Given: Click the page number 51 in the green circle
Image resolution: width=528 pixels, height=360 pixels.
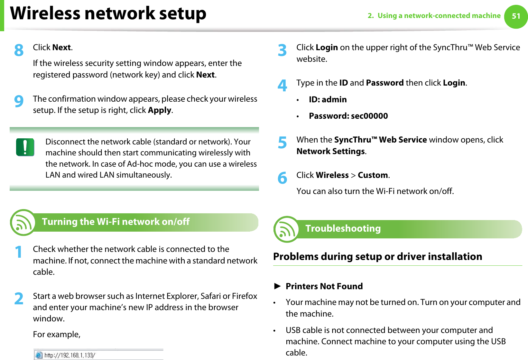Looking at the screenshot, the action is pos(516,16).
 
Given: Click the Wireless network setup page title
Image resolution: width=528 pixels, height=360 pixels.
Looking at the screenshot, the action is pos(108,14).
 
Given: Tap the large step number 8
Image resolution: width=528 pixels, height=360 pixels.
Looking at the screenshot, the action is pos(19,51).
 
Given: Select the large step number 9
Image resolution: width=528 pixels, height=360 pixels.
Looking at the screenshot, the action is pos(19,102).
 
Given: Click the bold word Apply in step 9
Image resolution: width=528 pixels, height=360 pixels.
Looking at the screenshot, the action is pos(160,110).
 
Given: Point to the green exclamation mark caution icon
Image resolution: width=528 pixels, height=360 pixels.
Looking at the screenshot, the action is pos(25,147).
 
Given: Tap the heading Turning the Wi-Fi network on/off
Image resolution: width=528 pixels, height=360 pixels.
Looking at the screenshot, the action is pos(116,222).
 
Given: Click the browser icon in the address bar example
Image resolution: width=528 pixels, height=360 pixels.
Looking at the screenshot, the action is pos(39,355).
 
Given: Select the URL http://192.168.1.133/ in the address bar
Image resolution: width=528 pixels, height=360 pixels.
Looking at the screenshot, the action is pos(70,355).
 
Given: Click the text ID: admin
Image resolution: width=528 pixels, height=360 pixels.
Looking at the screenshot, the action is pos(328,100).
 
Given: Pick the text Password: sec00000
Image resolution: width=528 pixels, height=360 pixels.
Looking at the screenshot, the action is pos(348,116).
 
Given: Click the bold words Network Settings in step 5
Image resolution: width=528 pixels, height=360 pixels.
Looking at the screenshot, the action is pos(330,152).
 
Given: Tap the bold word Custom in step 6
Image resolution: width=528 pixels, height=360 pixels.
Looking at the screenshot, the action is pos(373,175).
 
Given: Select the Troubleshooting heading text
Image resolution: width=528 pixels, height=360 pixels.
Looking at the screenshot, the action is pos(343,228).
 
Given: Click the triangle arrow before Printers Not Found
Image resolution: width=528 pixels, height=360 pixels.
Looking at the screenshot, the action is pos(277,286).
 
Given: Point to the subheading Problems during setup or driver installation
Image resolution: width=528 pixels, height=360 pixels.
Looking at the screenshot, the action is pos(377,257).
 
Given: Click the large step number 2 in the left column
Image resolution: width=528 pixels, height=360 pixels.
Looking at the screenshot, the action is pos(19,299).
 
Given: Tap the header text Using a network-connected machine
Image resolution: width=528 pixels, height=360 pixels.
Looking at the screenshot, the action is pos(439,16).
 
